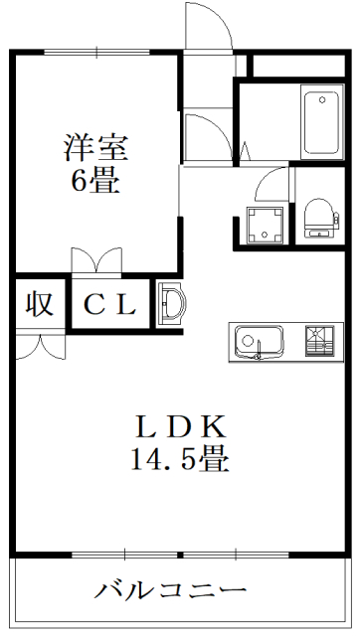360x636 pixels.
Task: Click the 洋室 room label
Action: tap(96, 149)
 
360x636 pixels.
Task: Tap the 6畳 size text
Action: tap(96, 182)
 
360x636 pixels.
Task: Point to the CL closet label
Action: tap(108, 304)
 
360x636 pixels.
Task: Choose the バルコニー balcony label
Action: tap(172, 589)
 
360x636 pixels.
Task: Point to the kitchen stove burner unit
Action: tap(319, 341)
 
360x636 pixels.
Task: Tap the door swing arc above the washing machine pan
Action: tap(271, 186)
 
